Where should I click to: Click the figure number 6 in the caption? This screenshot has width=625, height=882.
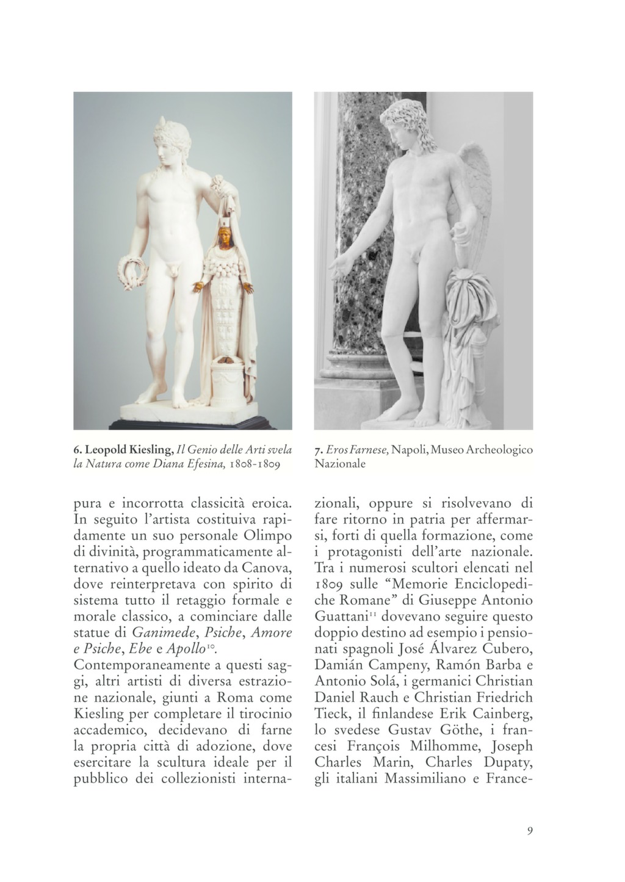pyautogui.click(x=76, y=450)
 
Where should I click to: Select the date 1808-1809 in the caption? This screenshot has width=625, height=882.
pyautogui.click(x=255, y=464)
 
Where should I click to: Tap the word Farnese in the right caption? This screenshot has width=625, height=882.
pyautogui.click(x=368, y=450)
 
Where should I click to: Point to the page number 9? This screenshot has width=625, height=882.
pyautogui.click(x=529, y=831)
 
